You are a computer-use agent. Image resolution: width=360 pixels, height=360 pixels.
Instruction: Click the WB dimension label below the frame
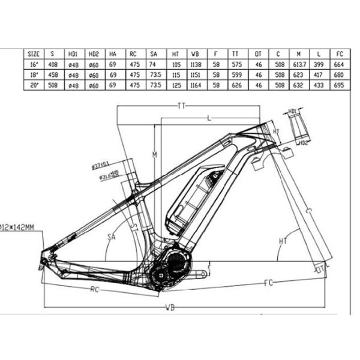(170, 308)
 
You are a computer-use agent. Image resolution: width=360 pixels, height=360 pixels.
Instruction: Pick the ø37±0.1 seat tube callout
(100, 164)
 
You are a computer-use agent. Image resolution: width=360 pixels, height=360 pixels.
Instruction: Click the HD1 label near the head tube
(293, 112)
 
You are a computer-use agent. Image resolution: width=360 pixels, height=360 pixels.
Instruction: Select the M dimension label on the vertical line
(154, 155)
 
